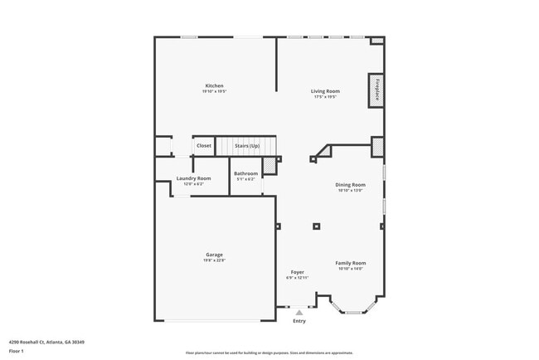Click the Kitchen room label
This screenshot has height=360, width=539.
[215, 85]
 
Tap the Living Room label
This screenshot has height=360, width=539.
[326, 90]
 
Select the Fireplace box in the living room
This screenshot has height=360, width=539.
[376, 90]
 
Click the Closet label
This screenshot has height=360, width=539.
[204, 145]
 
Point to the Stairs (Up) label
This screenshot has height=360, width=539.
[246, 145]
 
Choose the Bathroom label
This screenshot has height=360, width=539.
[246, 173]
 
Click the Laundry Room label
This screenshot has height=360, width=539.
[193, 178]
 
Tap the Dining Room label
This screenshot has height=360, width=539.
[350, 184]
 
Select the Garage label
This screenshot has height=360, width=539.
[214, 255]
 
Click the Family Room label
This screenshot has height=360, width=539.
[350, 263]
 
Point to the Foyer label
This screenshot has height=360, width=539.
[297, 272]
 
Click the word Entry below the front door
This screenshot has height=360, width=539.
[299, 321]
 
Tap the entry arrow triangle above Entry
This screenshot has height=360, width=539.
[299, 312]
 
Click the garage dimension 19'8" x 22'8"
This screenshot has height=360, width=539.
[214, 260]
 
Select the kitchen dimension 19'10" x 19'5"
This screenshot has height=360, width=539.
[214, 91]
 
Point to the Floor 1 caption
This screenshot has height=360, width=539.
[17, 351]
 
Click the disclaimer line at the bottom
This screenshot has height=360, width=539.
[269, 353]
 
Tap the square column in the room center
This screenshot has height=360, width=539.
[316, 226]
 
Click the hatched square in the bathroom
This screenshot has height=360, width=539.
[269, 165]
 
